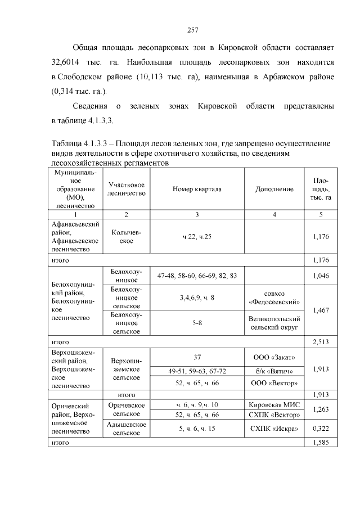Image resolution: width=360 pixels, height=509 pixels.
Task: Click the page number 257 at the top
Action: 191,30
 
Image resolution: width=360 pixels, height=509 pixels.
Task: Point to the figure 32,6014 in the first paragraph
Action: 67,75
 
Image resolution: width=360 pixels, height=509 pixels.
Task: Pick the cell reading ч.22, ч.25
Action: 197,237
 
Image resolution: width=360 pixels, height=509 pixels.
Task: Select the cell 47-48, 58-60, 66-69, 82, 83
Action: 197,276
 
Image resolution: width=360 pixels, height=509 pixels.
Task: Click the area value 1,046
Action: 321,276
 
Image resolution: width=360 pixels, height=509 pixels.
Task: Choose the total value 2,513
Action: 321,341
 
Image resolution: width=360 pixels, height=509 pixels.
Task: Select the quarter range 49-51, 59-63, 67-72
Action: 197,371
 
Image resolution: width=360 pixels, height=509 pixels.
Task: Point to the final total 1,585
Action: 321,443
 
